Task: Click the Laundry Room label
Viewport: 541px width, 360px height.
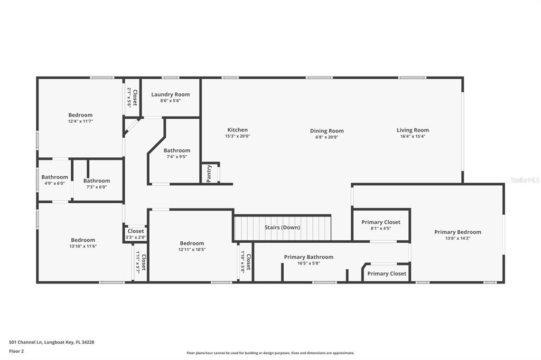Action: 170,94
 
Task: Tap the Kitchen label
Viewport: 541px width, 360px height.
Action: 237,130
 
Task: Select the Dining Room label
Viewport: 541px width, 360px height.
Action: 327,131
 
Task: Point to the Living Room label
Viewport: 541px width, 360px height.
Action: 413,130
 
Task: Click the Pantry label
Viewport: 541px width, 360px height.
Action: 209,174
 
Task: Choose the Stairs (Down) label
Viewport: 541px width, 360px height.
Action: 282,227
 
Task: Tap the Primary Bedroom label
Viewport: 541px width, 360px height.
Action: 458,232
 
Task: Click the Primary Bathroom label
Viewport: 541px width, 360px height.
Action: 309,257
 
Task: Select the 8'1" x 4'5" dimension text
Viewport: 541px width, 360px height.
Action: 380,229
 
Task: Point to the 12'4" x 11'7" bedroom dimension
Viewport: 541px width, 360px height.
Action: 80,121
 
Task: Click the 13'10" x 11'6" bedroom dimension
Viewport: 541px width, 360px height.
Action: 83,247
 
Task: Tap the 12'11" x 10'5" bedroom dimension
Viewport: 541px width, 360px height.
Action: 192,250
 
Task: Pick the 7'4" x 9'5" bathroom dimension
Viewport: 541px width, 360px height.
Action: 176,157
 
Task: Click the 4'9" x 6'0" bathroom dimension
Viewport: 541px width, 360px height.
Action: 54,184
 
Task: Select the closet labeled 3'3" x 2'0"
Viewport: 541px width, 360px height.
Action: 135,238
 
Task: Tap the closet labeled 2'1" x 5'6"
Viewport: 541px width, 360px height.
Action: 129,98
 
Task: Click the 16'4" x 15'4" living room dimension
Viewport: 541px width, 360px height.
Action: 413,137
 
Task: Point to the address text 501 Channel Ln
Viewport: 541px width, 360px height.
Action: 51,342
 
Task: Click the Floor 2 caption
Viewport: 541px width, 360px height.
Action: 16,351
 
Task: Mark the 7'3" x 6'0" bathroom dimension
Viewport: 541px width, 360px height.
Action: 96,187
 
